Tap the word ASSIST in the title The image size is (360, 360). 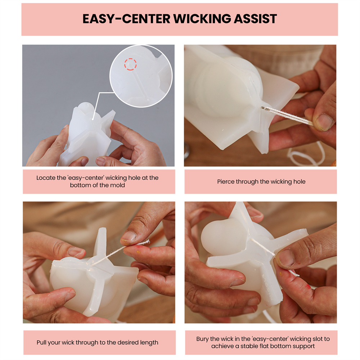point(255,19)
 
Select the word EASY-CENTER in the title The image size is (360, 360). point(126,19)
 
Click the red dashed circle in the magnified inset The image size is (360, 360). point(130,64)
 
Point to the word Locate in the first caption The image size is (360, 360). point(46,178)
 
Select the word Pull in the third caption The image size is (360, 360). point(41,342)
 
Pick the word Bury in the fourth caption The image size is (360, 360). point(202,339)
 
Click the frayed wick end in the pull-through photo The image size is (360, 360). point(147,242)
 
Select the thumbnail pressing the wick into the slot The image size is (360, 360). point(285,258)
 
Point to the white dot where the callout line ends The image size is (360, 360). point(93,119)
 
